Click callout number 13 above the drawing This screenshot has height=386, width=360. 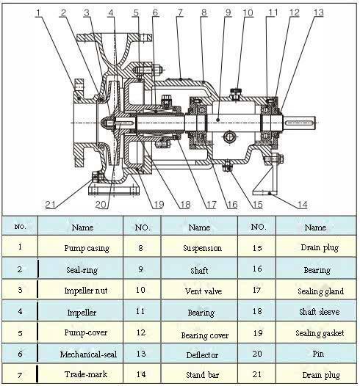click(318, 12)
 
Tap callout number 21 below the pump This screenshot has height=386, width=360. click(50, 204)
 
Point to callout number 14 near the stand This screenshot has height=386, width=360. click(303, 205)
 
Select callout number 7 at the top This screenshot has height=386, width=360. click(180, 12)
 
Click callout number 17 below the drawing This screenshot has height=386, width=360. click(211, 205)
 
